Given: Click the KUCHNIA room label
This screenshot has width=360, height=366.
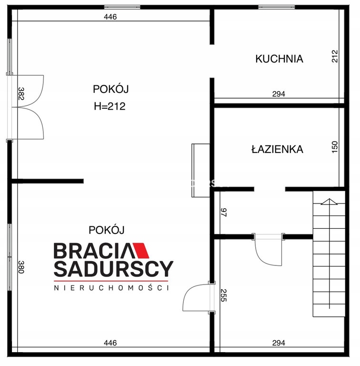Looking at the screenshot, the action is (279, 59).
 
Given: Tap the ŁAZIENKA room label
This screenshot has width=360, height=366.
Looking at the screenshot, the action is (277, 149).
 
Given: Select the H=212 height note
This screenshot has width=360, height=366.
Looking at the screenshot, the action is (110, 106).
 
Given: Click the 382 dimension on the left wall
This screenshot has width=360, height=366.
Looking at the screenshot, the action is (21, 93).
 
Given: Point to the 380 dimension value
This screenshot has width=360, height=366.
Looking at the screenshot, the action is (21, 267).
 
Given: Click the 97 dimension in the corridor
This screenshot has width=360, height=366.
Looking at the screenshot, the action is (223, 213).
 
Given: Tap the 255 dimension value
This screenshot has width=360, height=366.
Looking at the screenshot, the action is (223, 295).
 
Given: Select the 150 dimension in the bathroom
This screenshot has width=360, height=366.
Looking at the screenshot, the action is (335, 147).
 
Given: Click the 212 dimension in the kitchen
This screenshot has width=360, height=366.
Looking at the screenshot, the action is (335, 56).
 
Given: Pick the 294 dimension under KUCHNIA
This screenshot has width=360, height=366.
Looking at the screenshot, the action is (279, 94).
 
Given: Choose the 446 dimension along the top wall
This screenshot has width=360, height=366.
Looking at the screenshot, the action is (110, 17).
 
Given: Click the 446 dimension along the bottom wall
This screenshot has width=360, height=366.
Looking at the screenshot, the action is (110, 343).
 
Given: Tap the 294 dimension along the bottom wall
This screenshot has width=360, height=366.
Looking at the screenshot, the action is (279, 343).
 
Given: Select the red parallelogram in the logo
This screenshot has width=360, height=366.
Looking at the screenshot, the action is (141, 251).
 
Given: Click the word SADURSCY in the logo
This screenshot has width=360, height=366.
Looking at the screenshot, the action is (113, 269).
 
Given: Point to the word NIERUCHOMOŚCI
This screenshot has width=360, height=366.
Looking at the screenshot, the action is (111, 288).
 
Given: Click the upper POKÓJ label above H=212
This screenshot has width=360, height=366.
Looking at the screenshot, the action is (111, 89).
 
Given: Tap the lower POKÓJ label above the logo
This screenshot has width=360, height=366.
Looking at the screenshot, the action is (107, 230).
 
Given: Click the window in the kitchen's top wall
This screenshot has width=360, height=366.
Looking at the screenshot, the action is (277, 7).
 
